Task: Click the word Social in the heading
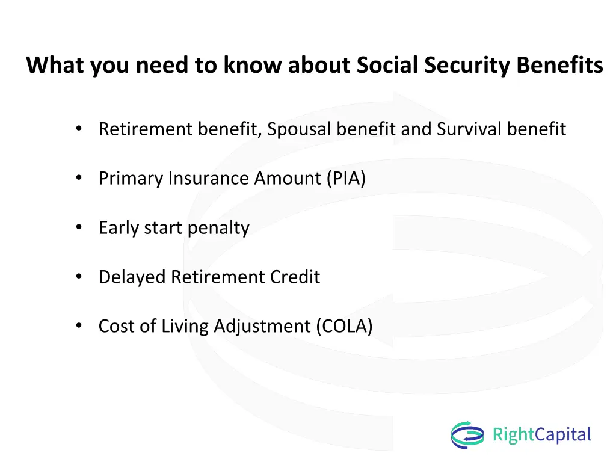click(387, 65)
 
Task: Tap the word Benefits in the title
click(559, 65)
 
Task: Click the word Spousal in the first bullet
click(300, 129)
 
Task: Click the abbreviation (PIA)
click(346, 178)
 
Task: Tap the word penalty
click(218, 228)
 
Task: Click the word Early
click(119, 228)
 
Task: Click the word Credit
click(295, 277)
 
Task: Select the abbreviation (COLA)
click(345, 326)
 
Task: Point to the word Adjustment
click(262, 327)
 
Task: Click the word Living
click(185, 327)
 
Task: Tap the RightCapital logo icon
click(467, 435)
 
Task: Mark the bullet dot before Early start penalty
click(79, 227)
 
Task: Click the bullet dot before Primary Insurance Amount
click(79, 178)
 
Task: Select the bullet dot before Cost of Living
click(79, 325)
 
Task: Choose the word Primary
click(131, 179)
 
